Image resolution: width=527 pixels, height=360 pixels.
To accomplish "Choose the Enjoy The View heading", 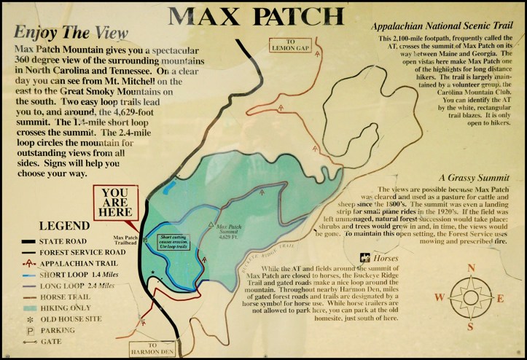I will coord(71,32).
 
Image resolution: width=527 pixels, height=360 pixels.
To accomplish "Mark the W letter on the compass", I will coord(439,296).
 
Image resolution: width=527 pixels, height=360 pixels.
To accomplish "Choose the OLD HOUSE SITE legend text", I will coord(78,319).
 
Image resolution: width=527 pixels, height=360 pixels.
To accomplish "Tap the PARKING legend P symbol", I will coord(29,330).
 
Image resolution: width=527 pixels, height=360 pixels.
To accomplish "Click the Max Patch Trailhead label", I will coord(127,240).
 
